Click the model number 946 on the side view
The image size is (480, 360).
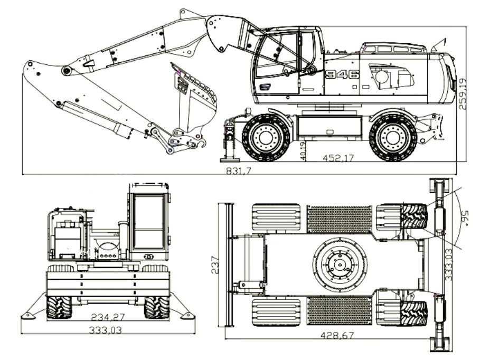[342, 74]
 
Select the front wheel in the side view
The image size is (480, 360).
[265, 137]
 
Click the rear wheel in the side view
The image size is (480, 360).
[392, 137]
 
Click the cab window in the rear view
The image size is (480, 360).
[148, 222]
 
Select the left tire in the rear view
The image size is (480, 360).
[58, 307]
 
